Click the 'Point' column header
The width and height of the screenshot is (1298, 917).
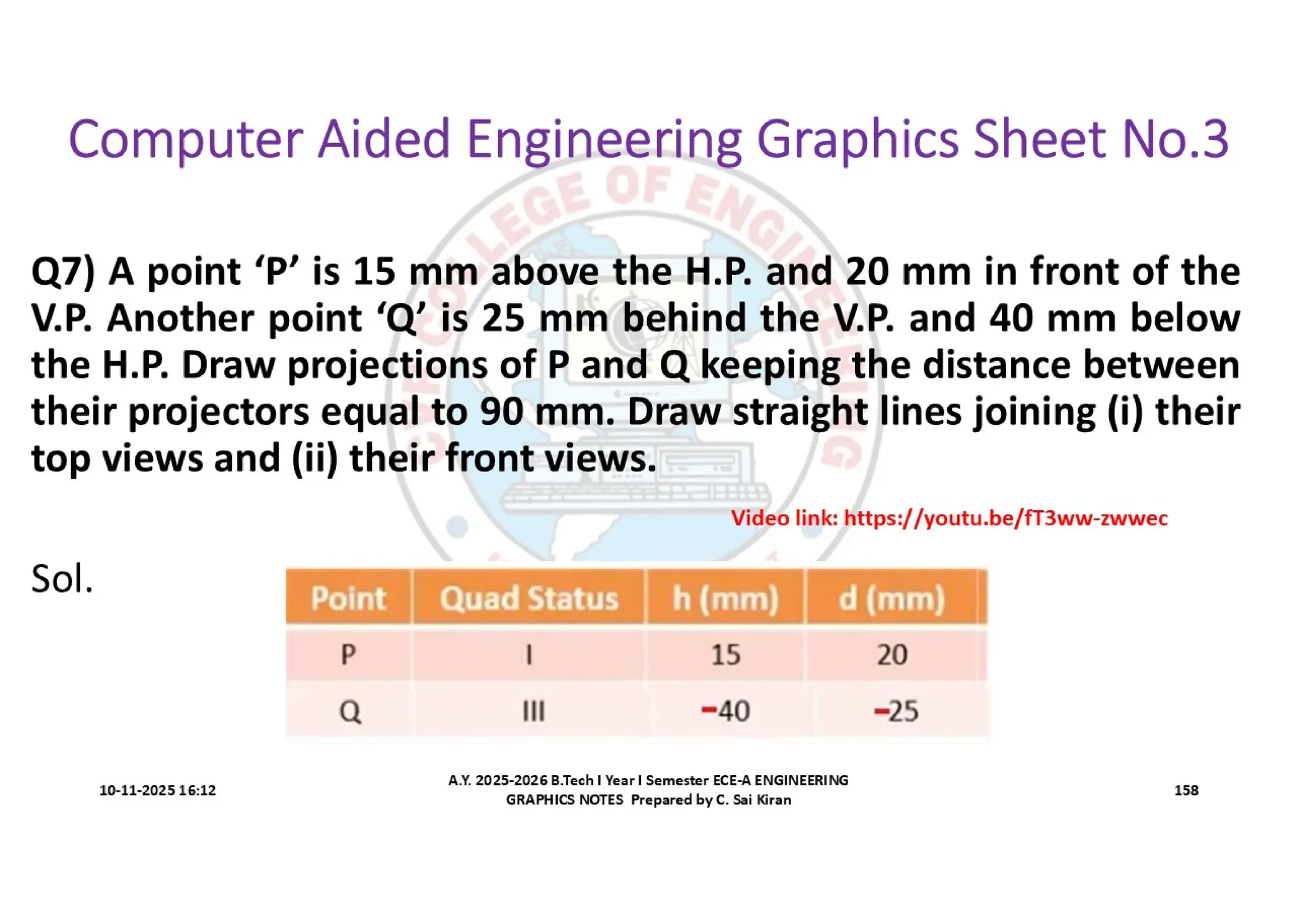pyautogui.click(x=348, y=598)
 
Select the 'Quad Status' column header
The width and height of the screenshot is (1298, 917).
pyautogui.click(x=529, y=598)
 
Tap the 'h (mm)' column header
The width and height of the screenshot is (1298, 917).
pyautogui.click(x=725, y=598)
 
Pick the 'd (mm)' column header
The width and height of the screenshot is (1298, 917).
pyautogui.click(x=892, y=598)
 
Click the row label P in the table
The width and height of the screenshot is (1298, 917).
pyautogui.click(x=348, y=654)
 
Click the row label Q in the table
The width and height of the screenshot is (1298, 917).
pyautogui.click(x=350, y=711)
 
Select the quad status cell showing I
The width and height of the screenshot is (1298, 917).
pyautogui.click(x=529, y=654)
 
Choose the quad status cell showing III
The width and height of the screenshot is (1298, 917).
pyautogui.click(x=533, y=711)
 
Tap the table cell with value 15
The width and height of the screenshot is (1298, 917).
pyautogui.click(x=725, y=655)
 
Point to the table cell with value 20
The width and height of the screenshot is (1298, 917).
pyautogui.click(x=892, y=655)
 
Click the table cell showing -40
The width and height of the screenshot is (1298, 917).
pyautogui.click(x=726, y=711)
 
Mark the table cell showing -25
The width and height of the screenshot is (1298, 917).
pyautogui.click(x=896, y=711)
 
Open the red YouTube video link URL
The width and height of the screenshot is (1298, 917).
pyautogui.click(x=1005, y=518)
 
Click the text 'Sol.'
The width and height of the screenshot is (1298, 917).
pyautogui.click(x=62, y=579)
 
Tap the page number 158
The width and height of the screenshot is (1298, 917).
pyautogui.click(x=1186, y=790)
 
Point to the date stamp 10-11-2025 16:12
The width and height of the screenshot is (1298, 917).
pyautogui.click(x=157, y=790)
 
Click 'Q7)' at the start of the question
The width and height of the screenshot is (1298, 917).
pyautogui.click(x=63, y=272)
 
